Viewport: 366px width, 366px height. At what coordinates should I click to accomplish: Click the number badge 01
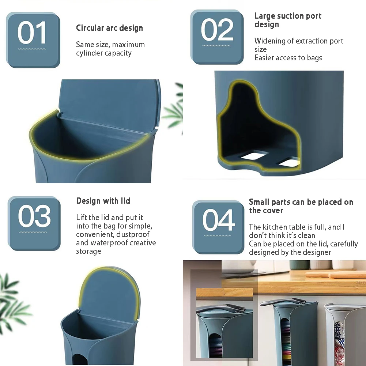pos(33,40)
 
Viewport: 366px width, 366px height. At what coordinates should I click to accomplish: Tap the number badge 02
pos(217,38)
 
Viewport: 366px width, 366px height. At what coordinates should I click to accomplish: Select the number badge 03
pos(34,223)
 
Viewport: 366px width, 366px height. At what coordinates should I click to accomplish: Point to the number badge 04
pos(219,227)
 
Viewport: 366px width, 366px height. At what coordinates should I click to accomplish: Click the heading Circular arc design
pos(109,28)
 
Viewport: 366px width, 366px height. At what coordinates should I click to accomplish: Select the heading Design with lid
pos(103,201)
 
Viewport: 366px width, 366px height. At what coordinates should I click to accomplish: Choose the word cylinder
pos(89,53)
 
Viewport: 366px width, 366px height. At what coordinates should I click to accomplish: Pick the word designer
pos(314,252)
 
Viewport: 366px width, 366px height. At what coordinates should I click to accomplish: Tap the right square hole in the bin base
pos(289,161)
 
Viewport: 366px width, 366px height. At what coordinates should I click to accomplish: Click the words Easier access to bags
pos(288,58)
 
